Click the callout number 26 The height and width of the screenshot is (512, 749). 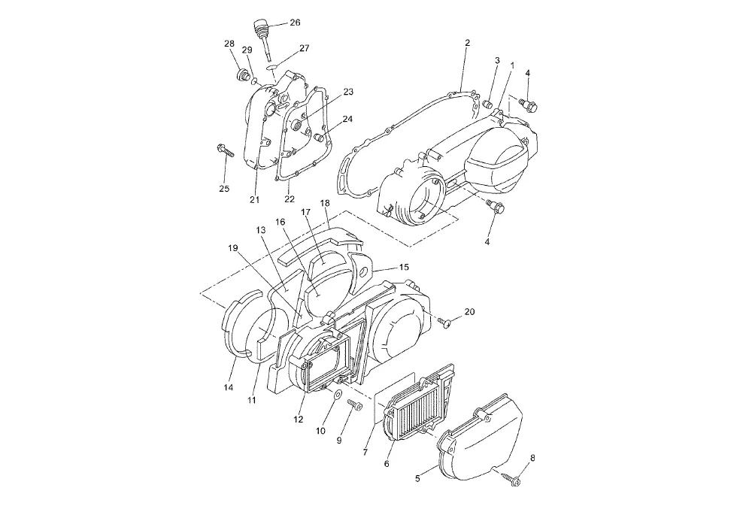pos(295,23)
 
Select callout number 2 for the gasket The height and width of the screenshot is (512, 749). pos(467,43)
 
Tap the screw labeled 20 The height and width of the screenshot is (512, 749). pos(444,322)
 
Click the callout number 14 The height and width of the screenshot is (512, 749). pos(228,387)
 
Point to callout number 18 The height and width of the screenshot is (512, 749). pos(325,204)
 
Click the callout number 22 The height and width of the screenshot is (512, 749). pos(290,199)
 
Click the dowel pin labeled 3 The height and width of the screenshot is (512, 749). pos(487,103)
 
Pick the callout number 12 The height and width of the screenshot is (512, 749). pos(299,420)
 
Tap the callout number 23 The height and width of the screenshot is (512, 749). pos(348,92)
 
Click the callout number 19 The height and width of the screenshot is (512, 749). pos(232,247)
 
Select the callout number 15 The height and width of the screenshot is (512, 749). pos(404,267)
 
